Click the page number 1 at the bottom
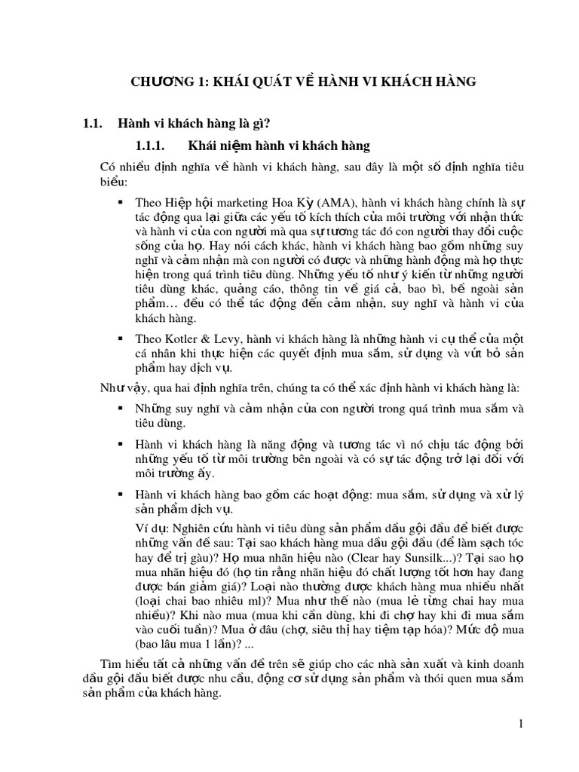(520, 725)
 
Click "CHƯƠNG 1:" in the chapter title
(165, 81)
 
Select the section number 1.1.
(92, 123)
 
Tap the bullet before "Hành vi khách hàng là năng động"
(120, 444)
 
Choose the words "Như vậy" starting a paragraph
(118, 388)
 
